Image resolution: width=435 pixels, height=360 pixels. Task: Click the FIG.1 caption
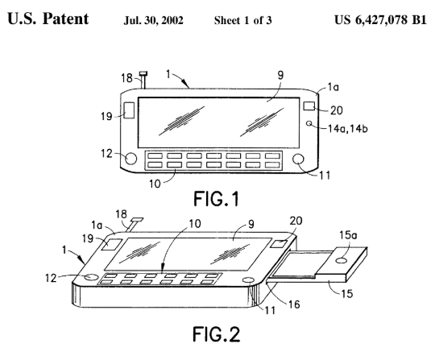216,199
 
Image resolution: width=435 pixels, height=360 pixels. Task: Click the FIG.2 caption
217,334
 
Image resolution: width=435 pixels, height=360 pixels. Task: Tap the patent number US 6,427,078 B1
380,19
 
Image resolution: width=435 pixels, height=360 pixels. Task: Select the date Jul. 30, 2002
153,20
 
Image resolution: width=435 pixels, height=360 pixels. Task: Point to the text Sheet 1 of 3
242,20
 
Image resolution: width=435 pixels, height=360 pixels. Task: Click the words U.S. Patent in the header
48,19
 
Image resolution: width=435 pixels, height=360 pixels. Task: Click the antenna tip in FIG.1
143,74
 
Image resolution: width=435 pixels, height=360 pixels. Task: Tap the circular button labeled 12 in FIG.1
130,159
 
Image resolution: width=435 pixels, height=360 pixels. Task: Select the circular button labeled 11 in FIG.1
299,159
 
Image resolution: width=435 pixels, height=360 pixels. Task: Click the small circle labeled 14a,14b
309,123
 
